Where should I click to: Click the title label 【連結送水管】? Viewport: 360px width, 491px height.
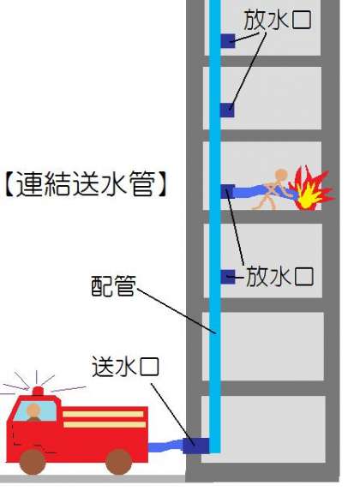coord(85,184)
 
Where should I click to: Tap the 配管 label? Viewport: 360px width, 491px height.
coord(114,285)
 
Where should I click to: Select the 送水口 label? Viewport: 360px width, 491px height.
coord(125,367)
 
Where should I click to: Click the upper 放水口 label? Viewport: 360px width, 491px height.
coord(278,20)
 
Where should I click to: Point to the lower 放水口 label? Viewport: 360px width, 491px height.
coord(279,277)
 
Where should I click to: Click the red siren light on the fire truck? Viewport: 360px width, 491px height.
coord(38,391)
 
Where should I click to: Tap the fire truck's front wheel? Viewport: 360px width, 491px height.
coord(33,462)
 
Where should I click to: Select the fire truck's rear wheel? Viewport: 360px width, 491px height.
coord(119,462)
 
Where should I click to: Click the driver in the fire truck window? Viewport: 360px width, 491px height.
coord(33,413)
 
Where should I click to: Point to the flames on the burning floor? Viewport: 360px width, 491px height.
coord(310,189)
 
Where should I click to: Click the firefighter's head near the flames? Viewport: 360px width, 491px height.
coord(281,176)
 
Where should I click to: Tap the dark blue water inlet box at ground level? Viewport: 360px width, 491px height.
coord(195,446)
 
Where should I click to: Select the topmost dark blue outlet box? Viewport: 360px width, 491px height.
coord(228,41)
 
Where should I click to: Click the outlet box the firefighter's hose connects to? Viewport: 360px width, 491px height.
coord(228,191)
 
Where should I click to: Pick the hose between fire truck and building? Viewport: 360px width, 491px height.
coord(165,446)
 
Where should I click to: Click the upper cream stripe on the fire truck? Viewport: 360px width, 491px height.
coord(103,414)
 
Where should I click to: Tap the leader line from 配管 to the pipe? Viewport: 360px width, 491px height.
coord(177,311)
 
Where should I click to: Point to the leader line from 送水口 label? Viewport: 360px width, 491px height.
coord(172,414)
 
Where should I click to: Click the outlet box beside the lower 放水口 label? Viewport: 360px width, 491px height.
coord(228,277)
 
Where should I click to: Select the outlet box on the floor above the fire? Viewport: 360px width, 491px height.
coord(227,110)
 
